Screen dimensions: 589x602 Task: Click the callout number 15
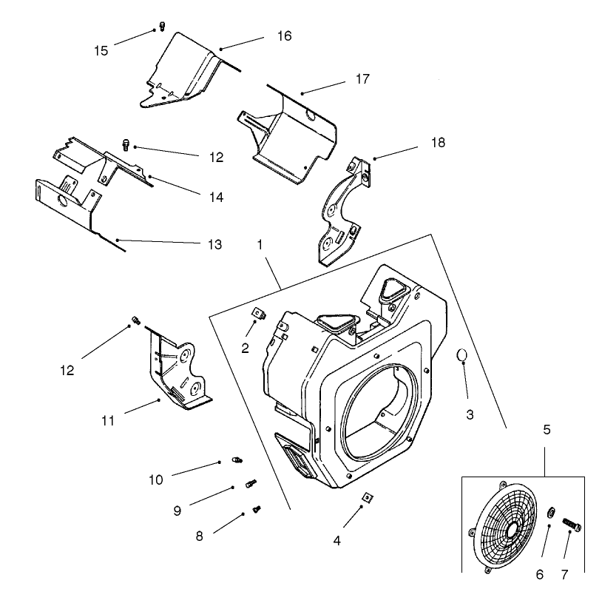click(x=101, y=50)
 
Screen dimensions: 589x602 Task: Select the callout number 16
click(x=284, y=36)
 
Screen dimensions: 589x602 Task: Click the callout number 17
click(x=362, y=78)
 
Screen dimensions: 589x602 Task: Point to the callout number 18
click(x=438, y=143)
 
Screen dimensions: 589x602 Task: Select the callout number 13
click(x=213, y=245)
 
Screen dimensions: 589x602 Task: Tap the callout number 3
click(x=470, y=414)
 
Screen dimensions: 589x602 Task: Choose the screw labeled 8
click(x=257, y=508)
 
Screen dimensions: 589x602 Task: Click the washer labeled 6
click(x=551, y=513)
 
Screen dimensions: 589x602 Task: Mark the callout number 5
click(x=546, y=428)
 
